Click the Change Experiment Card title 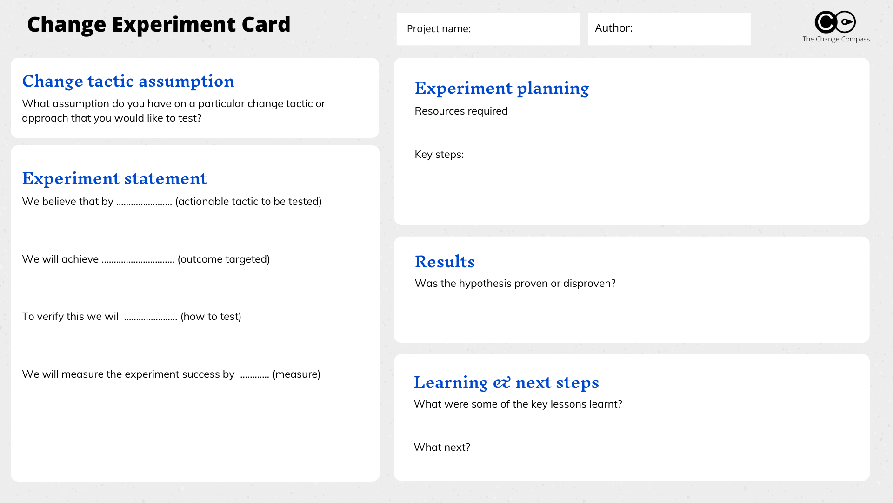(x=159, y=25)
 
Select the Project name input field (x=488, y=29)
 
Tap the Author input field (x=669, y=29)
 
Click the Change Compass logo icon (x=835, y=22)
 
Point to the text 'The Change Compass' (x=836, y=39)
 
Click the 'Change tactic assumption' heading (x=128, y=82)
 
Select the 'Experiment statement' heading (x=114, y=178)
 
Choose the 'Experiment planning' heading (x=502, y=88)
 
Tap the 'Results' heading (x=445, y=262)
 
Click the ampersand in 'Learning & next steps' (x=502, y=383)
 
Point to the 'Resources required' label (x=461, y=111)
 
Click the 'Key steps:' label (x=439, y=155)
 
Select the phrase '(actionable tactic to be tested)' (x=248, y=202)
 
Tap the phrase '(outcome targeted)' (x=224, y=259)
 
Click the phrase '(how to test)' (x=211, y=317)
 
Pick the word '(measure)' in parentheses (x=296, y=374)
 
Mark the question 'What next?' (x=442, y=448)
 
